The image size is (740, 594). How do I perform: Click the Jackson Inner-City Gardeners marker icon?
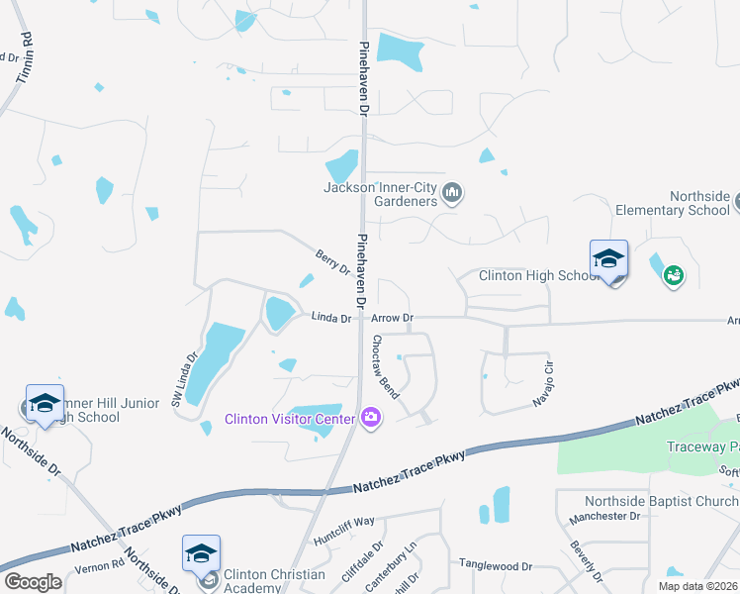click(x=452, y=192)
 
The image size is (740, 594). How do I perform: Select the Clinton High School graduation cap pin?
click(x=608, y=260)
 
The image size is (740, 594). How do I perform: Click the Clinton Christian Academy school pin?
click(x=201, y=554)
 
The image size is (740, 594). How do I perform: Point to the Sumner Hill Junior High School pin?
click(x=45, y=404)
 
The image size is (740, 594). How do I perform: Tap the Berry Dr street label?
click(x=332, y=262)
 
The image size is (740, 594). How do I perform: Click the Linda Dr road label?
click(x=331, y=318)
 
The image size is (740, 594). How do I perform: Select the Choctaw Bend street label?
click(x=385, y=367)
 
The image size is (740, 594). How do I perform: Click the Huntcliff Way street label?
click(x=344, y=520)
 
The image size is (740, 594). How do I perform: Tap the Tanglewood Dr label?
click(x=495, y=565)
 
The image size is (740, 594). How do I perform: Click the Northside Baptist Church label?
click(x=661, y=501)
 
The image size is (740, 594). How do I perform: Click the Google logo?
click(x=33, y=582)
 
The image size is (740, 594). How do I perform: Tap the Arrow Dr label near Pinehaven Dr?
click(x=392, y=318)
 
